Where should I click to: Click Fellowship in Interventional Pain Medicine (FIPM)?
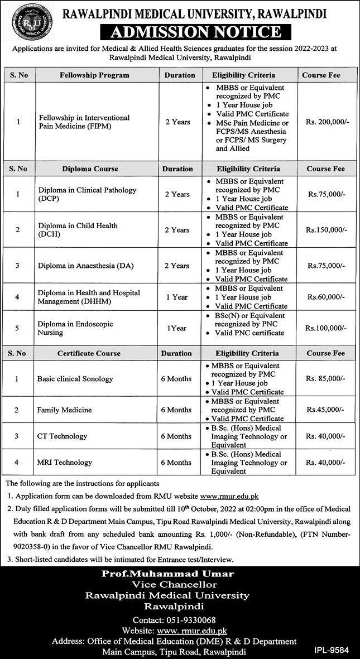(84, 122)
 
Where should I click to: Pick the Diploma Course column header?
(90, 169)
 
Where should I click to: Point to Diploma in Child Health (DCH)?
(78, 230)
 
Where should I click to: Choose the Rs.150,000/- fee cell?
(327, 230)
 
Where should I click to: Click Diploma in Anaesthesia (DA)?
(82, 266)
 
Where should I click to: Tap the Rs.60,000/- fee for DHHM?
(327, 297)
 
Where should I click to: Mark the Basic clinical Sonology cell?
(75, 379)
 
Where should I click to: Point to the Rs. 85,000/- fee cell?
(327, 379)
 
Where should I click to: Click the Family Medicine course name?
(64, 410)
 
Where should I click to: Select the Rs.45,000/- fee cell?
(327, 410)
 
